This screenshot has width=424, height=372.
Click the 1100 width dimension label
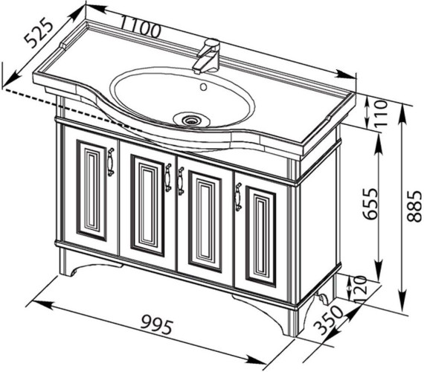[x=140, y=26]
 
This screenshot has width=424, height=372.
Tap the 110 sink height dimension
[x=381, y=112]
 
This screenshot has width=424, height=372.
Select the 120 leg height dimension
[x=360, y=286]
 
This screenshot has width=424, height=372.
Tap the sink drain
[x=192, y=119]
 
